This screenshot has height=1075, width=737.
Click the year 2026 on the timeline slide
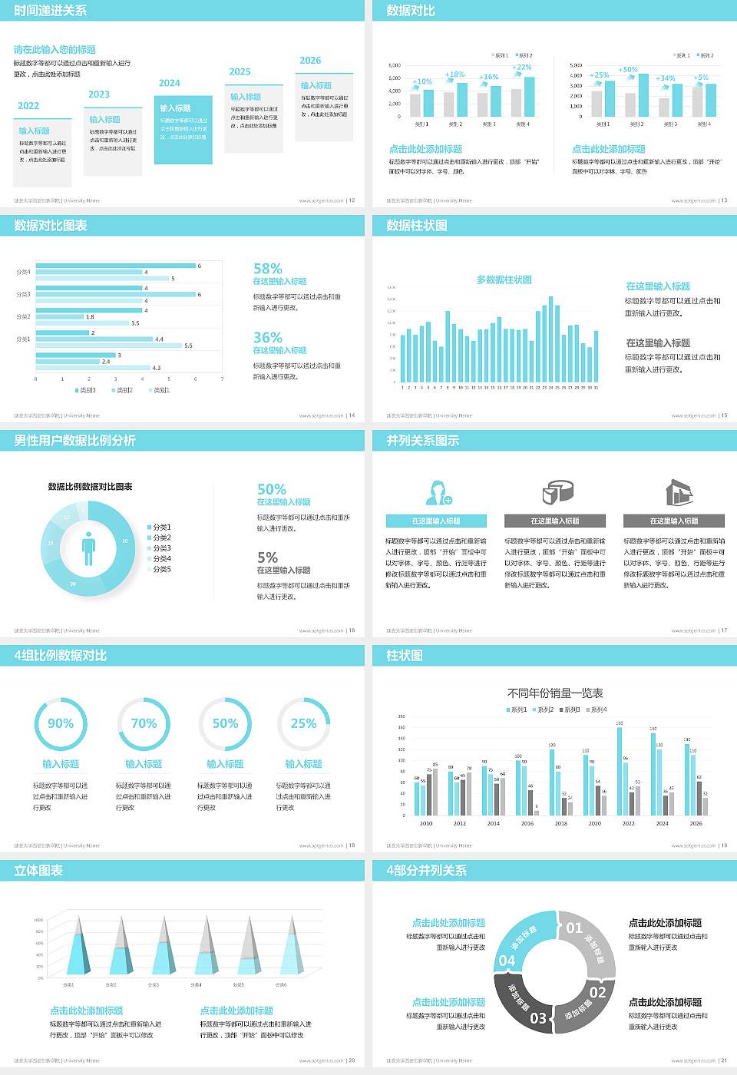click(310, 61)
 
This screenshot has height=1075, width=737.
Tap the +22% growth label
click(522, 68)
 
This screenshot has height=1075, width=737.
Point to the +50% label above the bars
click(628, 70)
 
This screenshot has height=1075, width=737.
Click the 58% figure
click(268, 269)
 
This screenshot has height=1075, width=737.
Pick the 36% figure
click(268, 338)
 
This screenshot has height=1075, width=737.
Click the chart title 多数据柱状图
click(504, 280)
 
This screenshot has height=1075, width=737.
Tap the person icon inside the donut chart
click(89, 547)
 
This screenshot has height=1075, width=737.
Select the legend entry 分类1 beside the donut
click(160, 528)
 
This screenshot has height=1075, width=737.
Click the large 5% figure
click(267, 557)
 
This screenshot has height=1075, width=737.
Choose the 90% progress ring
click(61, 723)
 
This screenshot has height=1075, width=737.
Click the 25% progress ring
click(303, 723)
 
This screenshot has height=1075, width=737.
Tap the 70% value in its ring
click(144, 723)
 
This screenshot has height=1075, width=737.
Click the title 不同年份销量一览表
click(555, 693)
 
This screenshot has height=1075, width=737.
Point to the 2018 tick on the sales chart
click(561, 823)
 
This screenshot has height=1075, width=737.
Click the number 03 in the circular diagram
click(538, 1018)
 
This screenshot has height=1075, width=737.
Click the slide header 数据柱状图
click(417, 226)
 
